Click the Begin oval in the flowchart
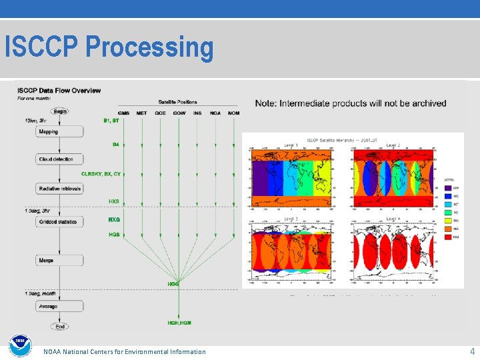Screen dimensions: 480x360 [60, 111]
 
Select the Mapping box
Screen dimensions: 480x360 [60, 131]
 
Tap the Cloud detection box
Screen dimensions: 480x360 [60, 159]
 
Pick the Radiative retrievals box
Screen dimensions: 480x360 [60, 189]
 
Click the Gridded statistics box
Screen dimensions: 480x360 [60, 221]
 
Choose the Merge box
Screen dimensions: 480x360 [60, 260]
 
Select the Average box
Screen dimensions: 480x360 [60, 306]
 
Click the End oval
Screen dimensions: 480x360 [60, 327]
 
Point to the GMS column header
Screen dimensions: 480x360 [123, 113]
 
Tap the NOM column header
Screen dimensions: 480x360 [233, 113]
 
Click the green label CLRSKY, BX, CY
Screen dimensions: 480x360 [101, 174]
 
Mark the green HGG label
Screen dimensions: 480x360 [173, 284]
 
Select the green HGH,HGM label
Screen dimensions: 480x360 [179, 323]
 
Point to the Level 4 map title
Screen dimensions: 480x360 [393, 219]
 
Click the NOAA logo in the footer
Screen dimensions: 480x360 [20, 345]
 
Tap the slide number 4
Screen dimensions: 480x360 [472, 351]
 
